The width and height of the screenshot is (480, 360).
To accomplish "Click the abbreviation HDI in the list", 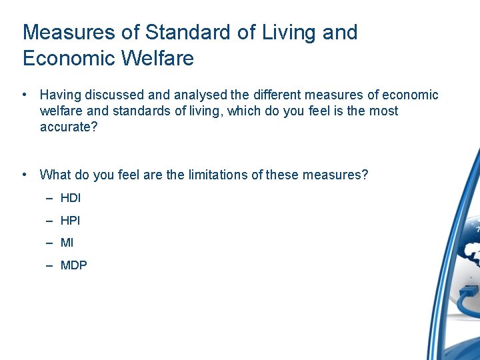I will [x=70, y=198].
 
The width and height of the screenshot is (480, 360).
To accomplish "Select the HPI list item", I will [x=70, y=221].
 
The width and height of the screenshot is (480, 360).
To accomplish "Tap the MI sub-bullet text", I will [x=67, y=243].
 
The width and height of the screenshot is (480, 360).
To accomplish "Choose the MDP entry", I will [x=73, y=265].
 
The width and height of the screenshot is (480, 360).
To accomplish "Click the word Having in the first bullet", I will [x=59, y=95].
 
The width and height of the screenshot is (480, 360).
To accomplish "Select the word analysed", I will [x=197, y=95].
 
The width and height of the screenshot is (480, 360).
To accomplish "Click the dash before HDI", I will [x=50, y=198].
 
